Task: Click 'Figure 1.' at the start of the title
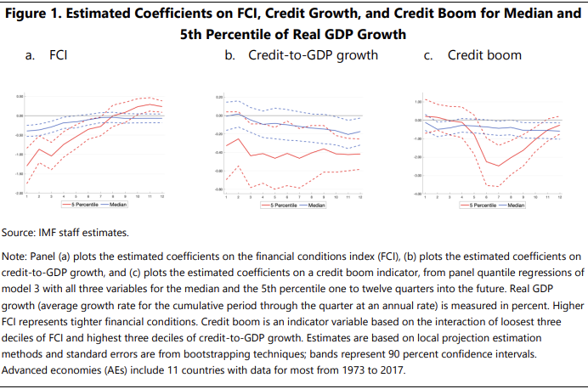point(41,14)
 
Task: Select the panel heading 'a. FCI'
point(48,56)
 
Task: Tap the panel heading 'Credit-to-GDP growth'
point(314,56)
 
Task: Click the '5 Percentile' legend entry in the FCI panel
point(78,205)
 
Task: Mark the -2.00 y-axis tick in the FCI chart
point(20,193)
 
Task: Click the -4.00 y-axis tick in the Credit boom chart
point(417,193)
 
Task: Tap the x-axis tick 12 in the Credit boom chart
point(559,196)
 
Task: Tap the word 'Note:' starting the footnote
point(20,256)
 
